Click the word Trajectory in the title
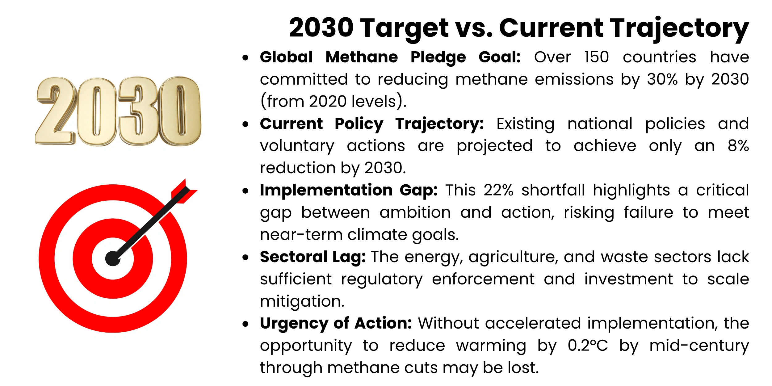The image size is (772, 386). coord(679,28)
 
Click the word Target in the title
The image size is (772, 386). coord(405,28)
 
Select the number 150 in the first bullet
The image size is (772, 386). coord(596,57)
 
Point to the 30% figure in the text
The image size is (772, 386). coord(662,79)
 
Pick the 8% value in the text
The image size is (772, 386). coord(738,146)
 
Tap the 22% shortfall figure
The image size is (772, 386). coord(498,190)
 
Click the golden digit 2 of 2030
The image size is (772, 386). coord(56,111)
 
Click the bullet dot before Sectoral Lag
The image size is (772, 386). coord(245,257)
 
